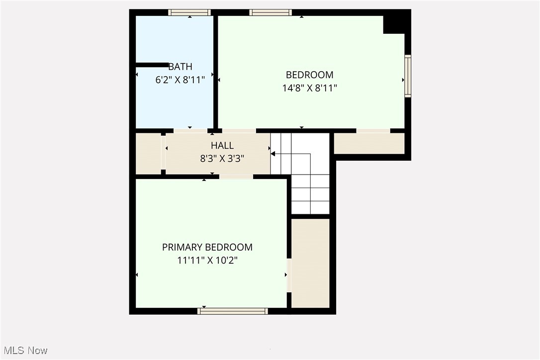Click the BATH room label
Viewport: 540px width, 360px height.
[180, 67]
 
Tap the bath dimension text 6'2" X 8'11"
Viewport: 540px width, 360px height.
[180, 79]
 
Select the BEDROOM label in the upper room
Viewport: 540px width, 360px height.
[309, 75]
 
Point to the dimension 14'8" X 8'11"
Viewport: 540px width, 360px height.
[309, 88]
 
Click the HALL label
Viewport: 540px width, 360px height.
[222, 146]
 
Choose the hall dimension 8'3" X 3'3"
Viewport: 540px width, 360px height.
[222, 158]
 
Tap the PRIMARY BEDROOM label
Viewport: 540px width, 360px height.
[207, 247]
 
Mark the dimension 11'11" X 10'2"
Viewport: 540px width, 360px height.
[207, 260]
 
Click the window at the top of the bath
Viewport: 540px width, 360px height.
[189, 12]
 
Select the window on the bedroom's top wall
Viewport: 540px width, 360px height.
[270, 12]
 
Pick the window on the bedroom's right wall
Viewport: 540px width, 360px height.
[408, 76]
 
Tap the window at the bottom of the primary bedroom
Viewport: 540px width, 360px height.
[233, 311]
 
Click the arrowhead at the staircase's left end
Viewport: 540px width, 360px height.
[273, 154]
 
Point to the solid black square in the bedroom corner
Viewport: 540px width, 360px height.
[396, 22]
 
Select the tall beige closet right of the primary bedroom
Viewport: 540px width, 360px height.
[310, 263]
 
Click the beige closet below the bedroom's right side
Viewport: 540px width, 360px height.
[369, 143]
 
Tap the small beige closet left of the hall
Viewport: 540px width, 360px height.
[148, 154]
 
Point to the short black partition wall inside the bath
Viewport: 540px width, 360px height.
[152, 65]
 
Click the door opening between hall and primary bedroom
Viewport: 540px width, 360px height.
[236, 177]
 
